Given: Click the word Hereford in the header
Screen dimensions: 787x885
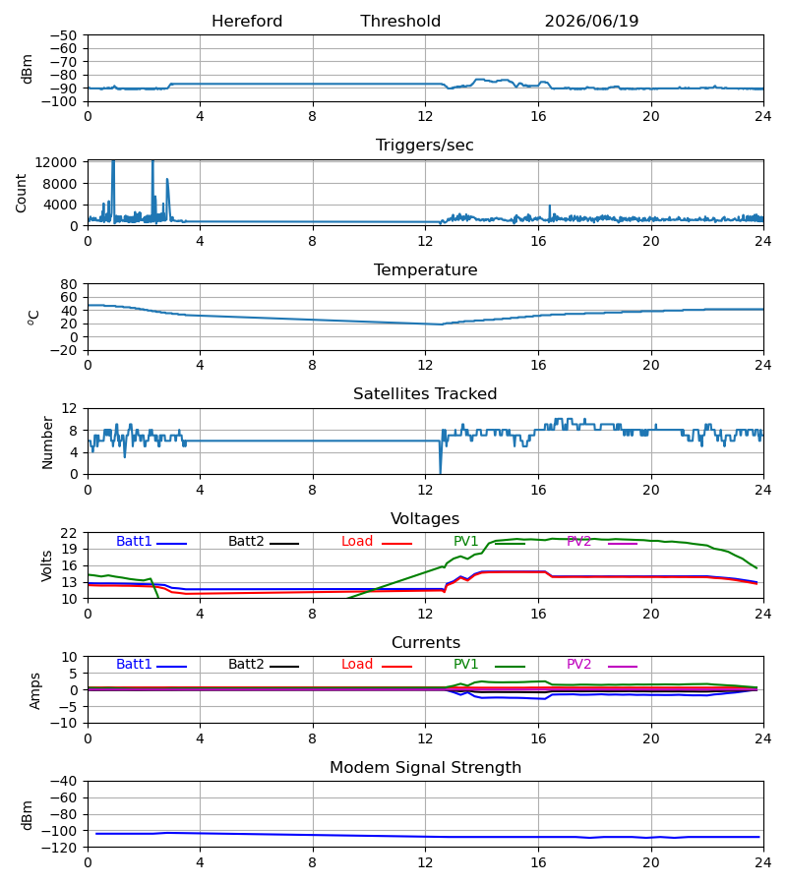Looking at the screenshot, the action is coord(247,22).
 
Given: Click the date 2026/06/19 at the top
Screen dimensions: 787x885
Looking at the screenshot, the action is coord(591,22).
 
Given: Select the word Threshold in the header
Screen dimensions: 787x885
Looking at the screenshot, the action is coord(400,22).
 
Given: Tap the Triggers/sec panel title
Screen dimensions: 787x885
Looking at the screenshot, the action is coord(425,146).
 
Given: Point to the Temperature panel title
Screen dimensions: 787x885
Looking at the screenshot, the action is coord(425,269).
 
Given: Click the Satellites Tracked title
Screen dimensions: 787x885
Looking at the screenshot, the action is coord(425,394).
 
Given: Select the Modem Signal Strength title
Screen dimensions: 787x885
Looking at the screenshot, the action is coord(425,768).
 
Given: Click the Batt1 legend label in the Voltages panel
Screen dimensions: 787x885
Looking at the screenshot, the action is coord(134,541).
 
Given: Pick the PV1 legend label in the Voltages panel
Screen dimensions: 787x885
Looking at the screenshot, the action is coord(465,541).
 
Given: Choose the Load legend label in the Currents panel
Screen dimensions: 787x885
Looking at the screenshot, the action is coord(357,665).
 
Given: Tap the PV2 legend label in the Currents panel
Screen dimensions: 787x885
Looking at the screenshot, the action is coord(578,665).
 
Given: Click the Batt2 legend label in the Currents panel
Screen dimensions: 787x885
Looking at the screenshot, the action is coord(246,665).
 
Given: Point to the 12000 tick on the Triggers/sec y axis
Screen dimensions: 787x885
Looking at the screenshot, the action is coord(56,162).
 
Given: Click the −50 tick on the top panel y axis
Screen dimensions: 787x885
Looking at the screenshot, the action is coord(63,35).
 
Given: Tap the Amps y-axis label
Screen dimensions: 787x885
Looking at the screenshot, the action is coord(35,691).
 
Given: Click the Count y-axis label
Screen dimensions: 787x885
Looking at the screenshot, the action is coord(21,193).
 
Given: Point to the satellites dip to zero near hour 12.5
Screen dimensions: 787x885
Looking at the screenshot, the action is coord(441,473).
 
